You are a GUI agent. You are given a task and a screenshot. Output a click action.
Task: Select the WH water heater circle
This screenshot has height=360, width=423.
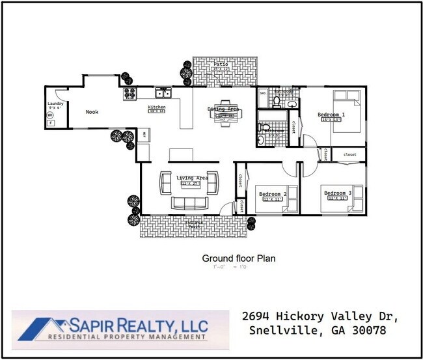click(x=50, y=115)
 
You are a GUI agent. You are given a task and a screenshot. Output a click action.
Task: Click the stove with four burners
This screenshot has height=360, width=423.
click(x=129, y=94)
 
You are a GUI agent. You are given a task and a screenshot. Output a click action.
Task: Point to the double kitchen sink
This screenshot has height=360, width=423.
click(x=163, y=93)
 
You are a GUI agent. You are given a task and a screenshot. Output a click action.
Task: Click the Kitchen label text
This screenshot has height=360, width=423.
click(x=157, y=107)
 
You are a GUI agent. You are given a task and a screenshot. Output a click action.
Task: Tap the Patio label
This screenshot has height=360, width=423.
click(x=221, y=64)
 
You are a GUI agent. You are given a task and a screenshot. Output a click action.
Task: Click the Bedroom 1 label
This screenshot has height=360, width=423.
click(x=331, y=115)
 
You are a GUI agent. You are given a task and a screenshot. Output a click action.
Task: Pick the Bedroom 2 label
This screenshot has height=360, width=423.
click(x=273, y=194)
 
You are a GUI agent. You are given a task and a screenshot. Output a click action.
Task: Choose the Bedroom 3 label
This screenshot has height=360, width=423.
click(x=338, y=193)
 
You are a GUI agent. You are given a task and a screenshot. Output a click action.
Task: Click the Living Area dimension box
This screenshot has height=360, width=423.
click(x=190, y=184)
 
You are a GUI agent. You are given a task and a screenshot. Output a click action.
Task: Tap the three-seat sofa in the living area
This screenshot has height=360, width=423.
click(x=189, y=202)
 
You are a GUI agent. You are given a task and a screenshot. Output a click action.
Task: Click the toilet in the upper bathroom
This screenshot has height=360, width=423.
click(x=276, y=101)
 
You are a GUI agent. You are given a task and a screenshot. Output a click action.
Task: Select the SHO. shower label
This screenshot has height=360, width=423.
click(x=263, y=94)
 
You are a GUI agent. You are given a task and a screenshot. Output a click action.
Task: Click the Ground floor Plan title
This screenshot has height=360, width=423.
click(x=238, y=258)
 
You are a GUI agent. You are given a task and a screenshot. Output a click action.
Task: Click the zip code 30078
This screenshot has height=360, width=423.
click(x=369, y=330)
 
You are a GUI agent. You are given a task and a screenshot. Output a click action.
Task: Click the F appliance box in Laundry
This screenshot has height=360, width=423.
click(x=50, y=122)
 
